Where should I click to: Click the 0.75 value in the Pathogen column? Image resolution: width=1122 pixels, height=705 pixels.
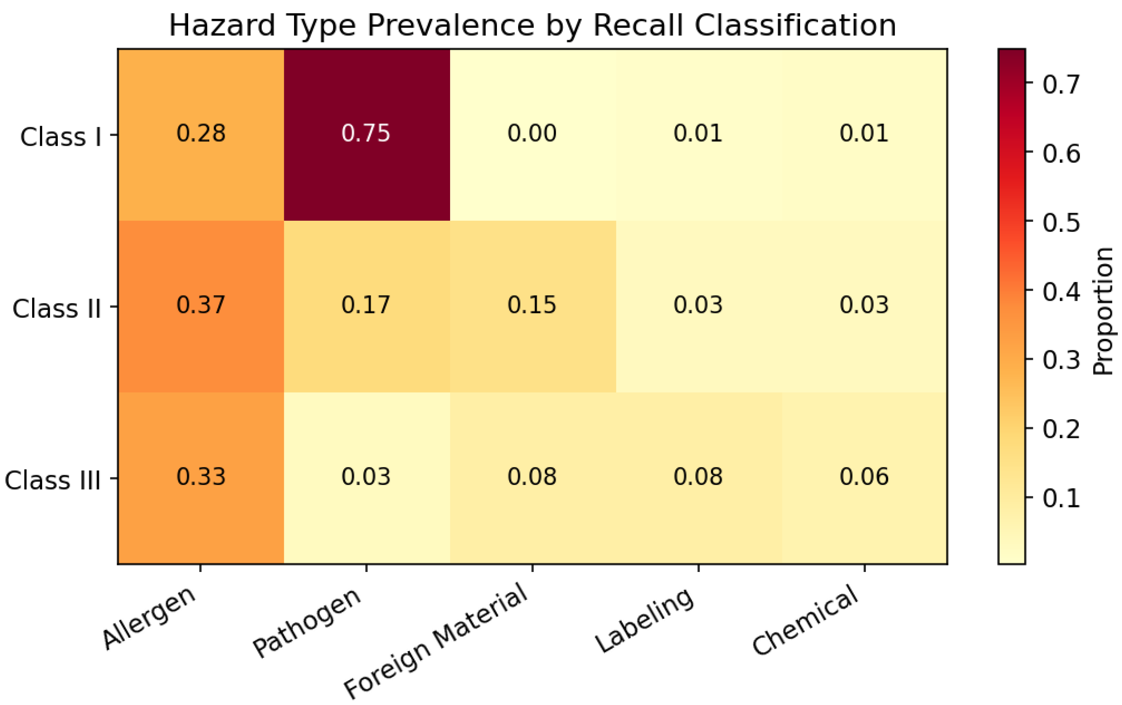pos(366,133)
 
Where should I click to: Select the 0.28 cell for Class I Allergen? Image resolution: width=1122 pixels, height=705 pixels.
pos(201,133)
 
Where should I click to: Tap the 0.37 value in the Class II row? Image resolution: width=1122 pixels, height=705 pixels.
pos(201,305)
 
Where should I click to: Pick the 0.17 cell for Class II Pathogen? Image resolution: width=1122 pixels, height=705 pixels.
pos(366,305)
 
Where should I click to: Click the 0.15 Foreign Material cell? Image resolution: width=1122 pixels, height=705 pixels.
pos(532,305)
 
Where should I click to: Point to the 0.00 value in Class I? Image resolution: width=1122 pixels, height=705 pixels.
pos(532,133)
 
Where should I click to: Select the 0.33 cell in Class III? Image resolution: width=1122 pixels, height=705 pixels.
pos(201,477)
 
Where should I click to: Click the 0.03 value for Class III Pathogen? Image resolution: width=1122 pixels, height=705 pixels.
pos(366,477)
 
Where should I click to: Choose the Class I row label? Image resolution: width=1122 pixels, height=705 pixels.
pos(61,137)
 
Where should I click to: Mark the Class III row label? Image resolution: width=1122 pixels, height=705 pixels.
pos(53,480)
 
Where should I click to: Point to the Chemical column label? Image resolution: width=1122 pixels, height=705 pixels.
pos(806,621)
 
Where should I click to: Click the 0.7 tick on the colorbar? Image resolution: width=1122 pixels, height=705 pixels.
pos(1061,84)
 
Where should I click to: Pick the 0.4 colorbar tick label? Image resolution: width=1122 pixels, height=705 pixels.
pos(1061,292)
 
